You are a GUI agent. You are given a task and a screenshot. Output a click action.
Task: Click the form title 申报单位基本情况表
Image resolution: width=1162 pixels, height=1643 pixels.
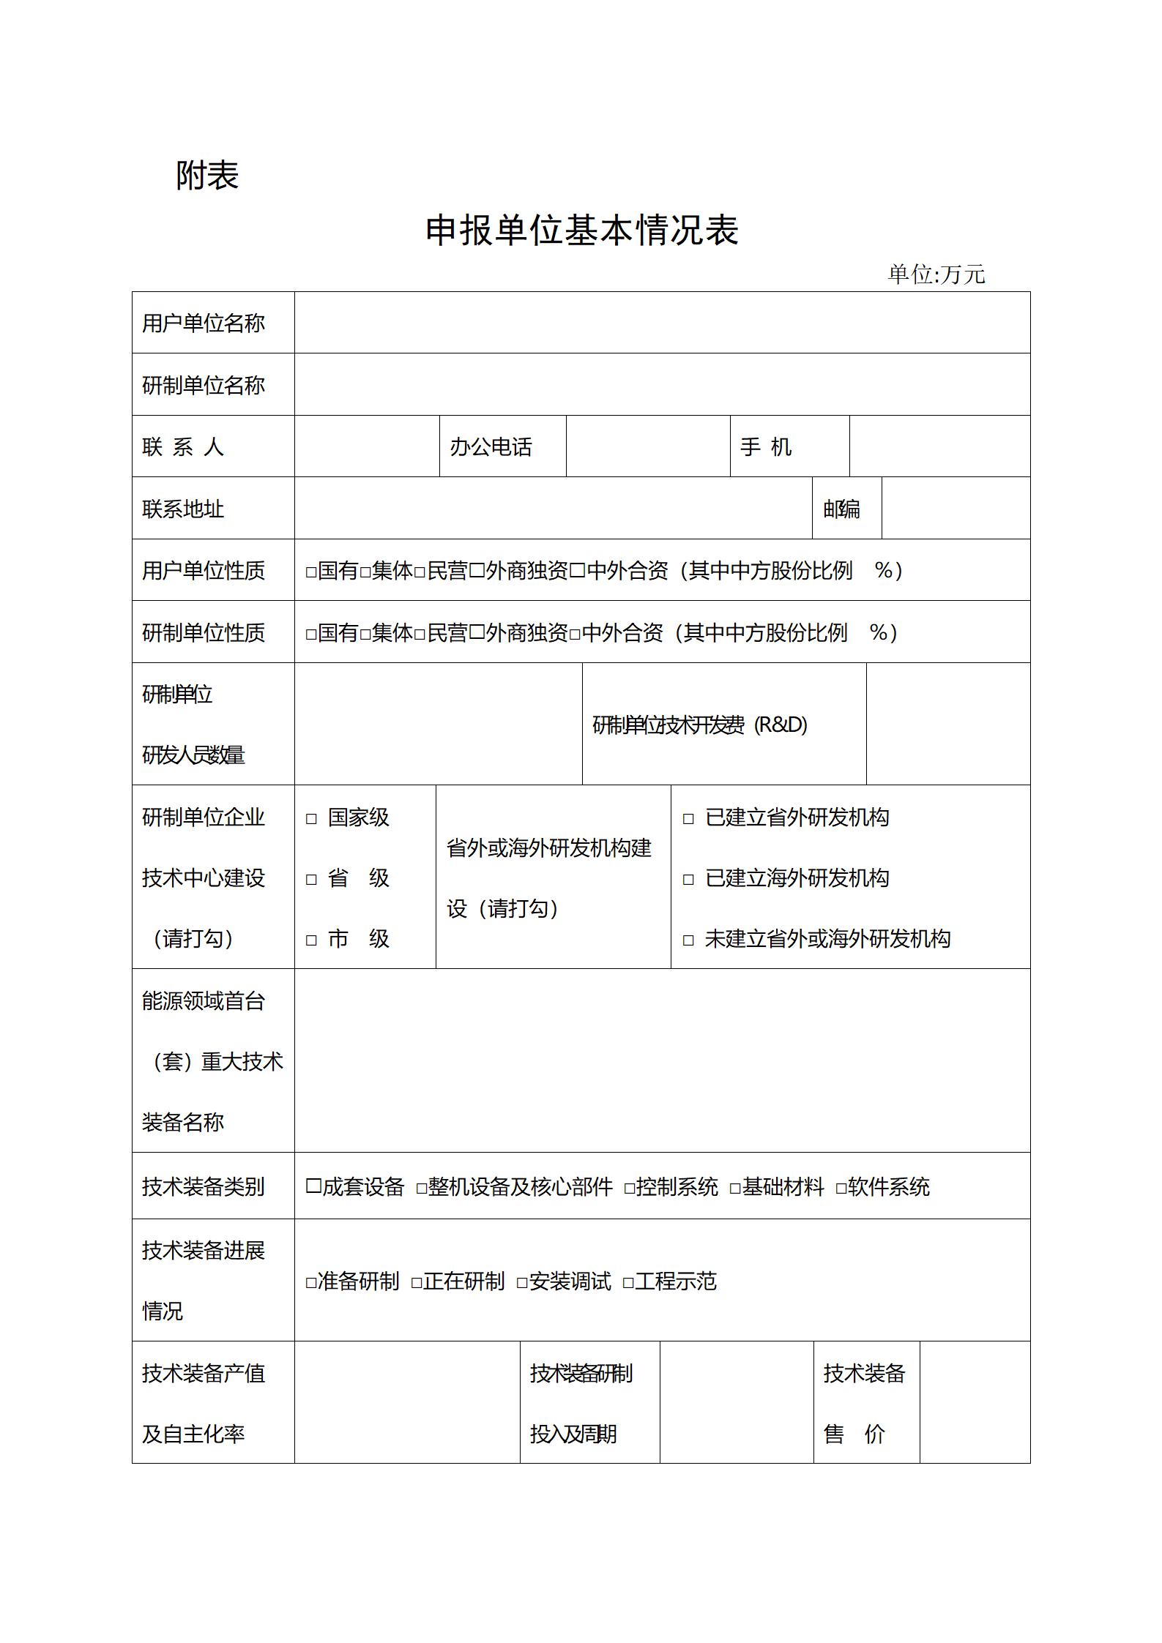(x=581, y=231)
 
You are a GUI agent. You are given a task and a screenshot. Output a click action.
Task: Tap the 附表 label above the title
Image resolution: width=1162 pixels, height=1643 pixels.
(x=207, y=176)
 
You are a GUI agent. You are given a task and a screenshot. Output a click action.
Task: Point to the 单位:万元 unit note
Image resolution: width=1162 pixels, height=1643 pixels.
(x=936, y=274)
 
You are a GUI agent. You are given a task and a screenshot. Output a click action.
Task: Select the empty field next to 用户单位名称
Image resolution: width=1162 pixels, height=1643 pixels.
(x=661, y=323)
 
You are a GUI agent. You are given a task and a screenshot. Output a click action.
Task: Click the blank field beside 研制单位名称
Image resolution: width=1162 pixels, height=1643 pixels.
(x=661, y=385)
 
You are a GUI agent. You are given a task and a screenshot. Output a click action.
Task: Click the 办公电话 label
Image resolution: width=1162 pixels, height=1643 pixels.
(x=491, y=447)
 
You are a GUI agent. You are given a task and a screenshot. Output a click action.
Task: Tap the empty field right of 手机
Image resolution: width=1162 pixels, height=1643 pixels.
(x=939, y=447)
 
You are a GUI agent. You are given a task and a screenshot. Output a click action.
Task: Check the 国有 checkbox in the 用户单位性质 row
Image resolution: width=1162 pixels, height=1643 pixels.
(x=311, y=572)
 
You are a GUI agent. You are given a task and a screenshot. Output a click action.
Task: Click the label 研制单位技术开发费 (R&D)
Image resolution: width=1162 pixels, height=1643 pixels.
(x=700, y=725)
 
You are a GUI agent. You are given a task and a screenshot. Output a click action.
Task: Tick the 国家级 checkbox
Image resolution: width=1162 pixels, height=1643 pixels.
(x=311, y=819)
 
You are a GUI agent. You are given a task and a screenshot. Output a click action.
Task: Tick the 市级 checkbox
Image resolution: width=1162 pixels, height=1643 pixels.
(x=311, y=940)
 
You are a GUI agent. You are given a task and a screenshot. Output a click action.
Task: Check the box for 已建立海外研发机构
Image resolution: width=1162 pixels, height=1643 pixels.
(x=688, y=880)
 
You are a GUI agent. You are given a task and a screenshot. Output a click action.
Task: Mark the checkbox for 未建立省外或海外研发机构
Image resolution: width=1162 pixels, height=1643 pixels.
(x=688, y=940)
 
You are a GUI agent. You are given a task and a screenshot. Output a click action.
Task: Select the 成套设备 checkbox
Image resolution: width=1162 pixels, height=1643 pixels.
(x=313, y=1186)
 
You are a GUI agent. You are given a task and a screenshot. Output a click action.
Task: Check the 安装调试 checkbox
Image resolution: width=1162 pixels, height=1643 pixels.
(x=522, y=1283)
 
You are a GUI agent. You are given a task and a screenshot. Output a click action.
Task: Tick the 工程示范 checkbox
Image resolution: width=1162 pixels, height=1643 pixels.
(x=628, y=1283)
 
